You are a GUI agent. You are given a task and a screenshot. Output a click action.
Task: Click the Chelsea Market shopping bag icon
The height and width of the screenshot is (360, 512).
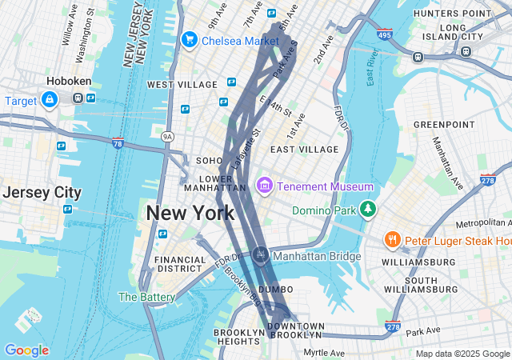coord(190,39)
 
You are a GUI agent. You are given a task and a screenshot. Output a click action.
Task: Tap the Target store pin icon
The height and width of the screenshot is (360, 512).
coord(50,99)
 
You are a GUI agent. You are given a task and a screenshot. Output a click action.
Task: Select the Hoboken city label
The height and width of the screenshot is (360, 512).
coord(69,82)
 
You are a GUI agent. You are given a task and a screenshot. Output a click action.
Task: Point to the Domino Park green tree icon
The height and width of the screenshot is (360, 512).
coord(367,210)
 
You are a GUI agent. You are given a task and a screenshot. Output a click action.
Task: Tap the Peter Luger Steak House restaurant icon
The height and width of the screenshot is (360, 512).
coord(392,240)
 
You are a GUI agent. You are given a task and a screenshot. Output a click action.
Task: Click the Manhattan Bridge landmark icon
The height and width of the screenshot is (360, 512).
coord(260,256)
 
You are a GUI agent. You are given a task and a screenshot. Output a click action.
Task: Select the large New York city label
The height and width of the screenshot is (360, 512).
coord(190,214)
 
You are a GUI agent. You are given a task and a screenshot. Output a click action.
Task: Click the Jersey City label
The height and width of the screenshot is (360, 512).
coord(42,193)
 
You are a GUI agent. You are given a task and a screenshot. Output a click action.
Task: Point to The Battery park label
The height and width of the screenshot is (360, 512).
coord(146,297)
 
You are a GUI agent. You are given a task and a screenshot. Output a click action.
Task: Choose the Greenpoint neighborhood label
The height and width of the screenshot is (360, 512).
coord(443,125)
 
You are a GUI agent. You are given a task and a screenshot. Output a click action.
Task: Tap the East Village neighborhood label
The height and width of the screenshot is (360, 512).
coord(304,150)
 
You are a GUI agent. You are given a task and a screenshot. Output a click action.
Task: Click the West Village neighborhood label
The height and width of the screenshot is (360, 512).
coord(182,85)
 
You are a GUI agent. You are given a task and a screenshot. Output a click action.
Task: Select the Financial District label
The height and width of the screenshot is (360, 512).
coord(181,265)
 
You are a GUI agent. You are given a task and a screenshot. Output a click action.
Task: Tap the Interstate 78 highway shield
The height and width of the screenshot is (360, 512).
coord(118,144)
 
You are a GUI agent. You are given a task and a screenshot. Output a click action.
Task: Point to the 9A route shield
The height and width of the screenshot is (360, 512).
coord(166,137)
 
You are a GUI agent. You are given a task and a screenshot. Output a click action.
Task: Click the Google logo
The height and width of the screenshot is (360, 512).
coord(26,350)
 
